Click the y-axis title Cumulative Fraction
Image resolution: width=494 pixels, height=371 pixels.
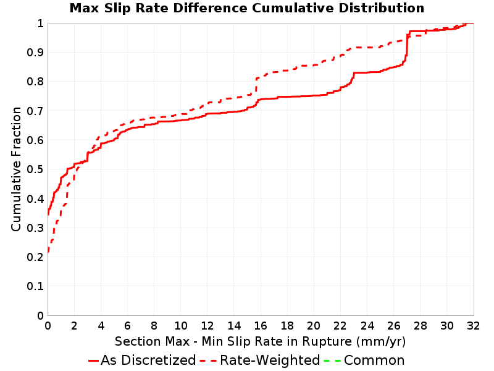[16, 169]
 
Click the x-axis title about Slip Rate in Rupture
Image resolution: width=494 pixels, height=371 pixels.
[260, 341]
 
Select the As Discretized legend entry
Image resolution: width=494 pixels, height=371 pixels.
[142, 360]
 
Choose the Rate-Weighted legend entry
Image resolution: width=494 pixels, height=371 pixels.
[260, 360]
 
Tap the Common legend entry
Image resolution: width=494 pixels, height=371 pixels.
[364, 360]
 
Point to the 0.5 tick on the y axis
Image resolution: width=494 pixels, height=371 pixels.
[35, 169]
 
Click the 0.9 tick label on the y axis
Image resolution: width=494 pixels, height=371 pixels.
[35, 53]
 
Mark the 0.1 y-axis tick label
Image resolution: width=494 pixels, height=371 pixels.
[35, 286]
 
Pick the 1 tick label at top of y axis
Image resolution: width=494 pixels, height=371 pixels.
[40, 23]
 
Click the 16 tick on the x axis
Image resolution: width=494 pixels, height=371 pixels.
[261, 326]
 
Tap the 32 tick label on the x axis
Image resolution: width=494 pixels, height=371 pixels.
[473, 326]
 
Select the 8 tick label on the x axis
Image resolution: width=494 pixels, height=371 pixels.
[154, 326]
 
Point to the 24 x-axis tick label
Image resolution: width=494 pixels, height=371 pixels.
[367, 326]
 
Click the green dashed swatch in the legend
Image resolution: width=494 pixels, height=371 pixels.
[332, 360]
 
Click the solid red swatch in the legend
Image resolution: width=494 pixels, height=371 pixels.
[94, 360]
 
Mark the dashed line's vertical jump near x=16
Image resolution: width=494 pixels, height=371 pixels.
[256, 85]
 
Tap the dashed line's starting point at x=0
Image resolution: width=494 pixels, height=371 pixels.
[48, 252]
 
